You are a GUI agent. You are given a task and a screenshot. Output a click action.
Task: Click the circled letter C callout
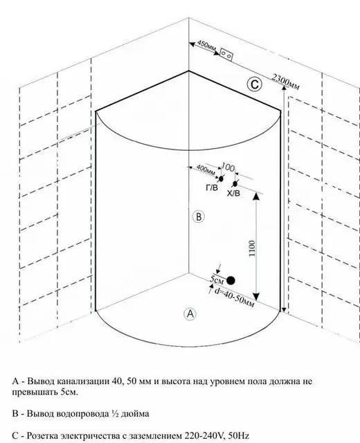point(254,84)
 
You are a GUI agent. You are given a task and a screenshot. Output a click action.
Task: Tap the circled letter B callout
point(199,217)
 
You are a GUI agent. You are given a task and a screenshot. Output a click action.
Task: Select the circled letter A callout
point(190,314)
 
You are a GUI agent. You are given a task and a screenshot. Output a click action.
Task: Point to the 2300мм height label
point(286,82)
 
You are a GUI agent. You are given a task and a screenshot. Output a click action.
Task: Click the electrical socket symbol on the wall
point(226,54)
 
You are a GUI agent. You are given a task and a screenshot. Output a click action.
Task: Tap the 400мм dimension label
point(206,169)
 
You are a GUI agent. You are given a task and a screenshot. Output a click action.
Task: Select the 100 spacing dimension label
point(228,168)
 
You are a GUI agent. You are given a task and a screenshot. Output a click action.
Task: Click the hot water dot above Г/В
point(221,179)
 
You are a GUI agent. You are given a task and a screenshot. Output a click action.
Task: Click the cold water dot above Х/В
point(235,184)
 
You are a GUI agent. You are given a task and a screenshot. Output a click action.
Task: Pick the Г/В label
point(212,188)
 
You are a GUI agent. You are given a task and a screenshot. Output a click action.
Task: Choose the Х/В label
point(233,193)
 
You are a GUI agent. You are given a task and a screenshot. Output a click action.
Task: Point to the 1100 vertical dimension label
point(252,248)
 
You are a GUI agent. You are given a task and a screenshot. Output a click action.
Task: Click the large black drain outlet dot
point(231,280)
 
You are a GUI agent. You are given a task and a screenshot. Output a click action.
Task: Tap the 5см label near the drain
point(217,279)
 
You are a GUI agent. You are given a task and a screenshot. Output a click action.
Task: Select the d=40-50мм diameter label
point(234,298)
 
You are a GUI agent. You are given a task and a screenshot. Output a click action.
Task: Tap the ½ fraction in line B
point(114,414)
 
